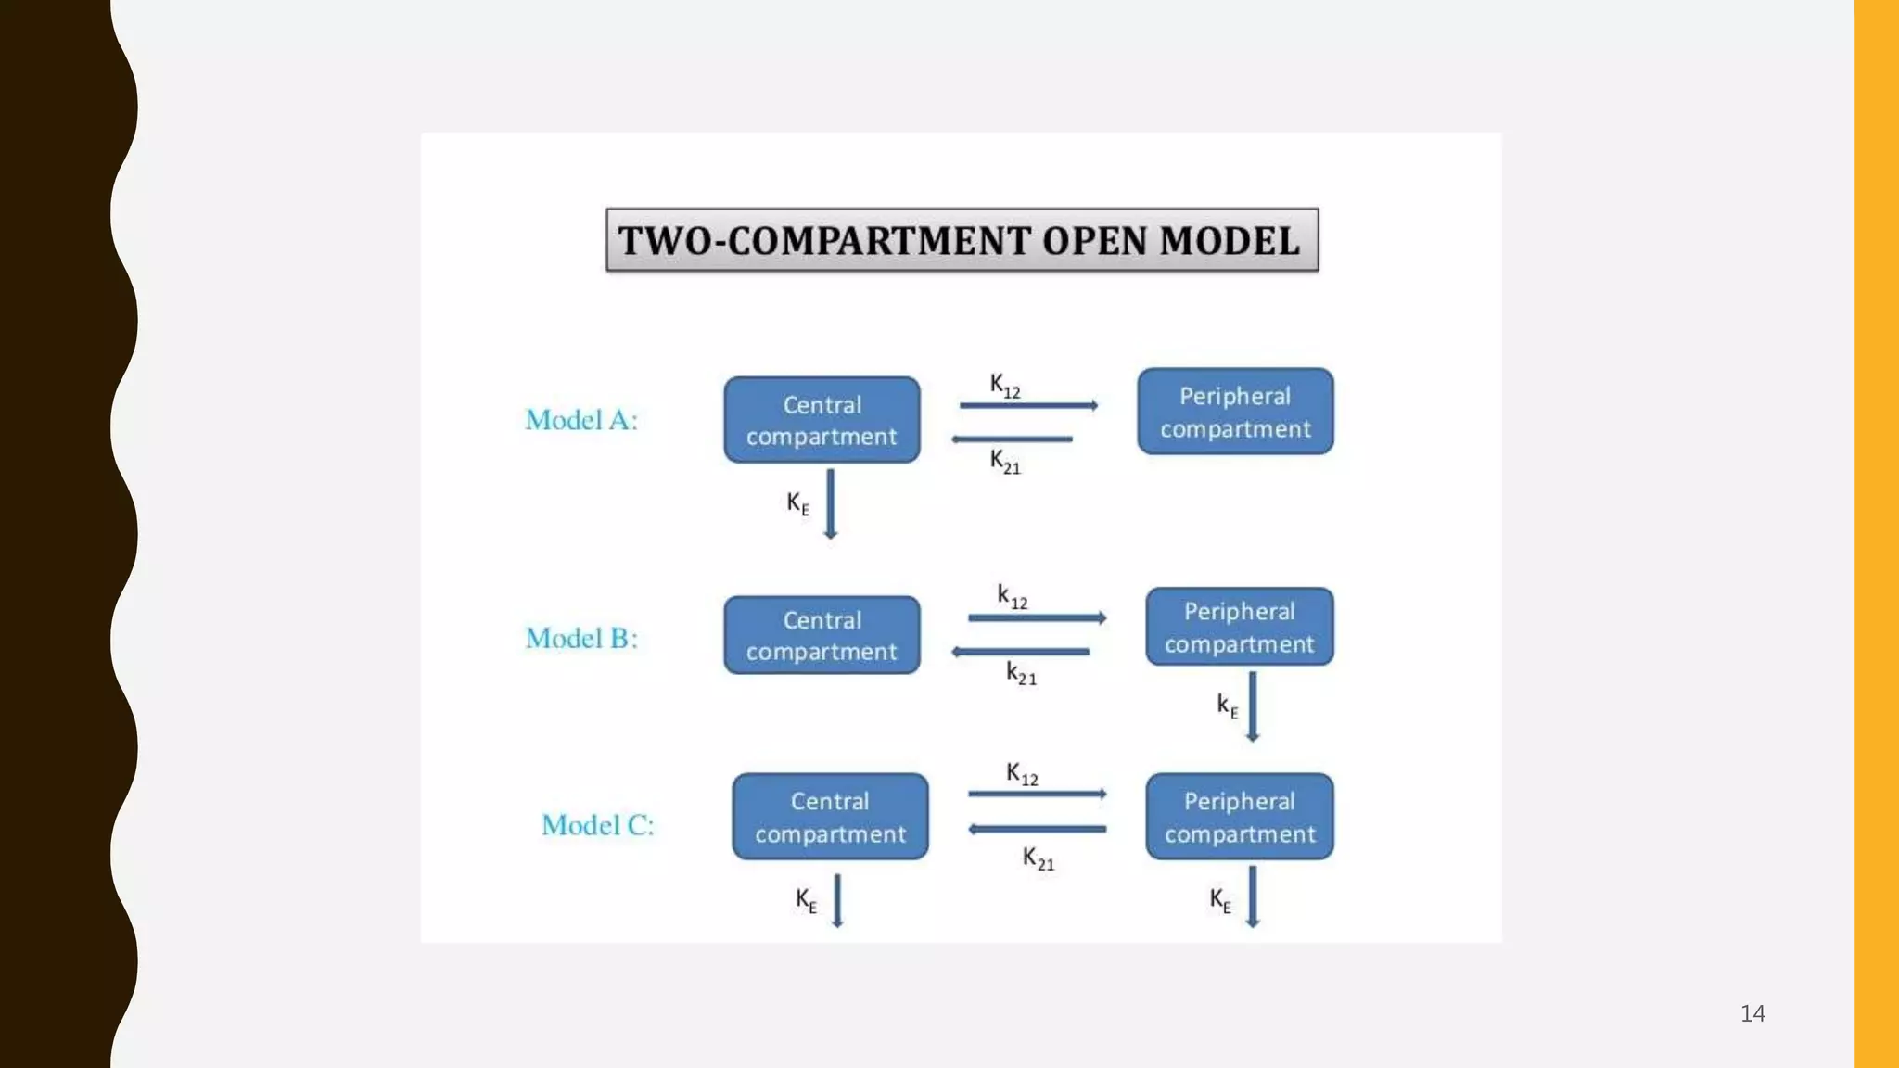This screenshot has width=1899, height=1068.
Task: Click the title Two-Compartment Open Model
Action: (x=962, y=240)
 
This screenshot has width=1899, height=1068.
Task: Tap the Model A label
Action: (x=581, y=420)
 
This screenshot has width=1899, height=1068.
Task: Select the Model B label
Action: (x=581, y=638)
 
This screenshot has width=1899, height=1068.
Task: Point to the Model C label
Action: (x=597, y=824)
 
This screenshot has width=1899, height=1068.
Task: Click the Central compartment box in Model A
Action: (x=822, y=420)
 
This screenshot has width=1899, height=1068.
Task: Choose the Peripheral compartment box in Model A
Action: (x=1235, y=412)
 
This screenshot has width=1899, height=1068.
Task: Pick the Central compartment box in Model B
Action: (x=822, y=635)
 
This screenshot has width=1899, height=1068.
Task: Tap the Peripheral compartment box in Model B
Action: (x=1239, y=627)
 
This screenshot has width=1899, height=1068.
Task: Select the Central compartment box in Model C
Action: (x=830, y=817)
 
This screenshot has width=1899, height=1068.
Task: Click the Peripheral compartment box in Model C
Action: (x=1239, y=817)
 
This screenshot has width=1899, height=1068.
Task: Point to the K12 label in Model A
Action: (x=1004, y=385)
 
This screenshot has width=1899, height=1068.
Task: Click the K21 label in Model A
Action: (x=1004, y=461)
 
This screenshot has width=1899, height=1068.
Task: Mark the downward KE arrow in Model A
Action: (x=830, y=503)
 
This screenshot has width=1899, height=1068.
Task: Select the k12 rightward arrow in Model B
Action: (x=1037, y=617)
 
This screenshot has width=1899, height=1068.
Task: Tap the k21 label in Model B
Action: (x=1021, y=673)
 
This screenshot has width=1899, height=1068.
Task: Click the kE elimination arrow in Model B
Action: (x=1252, y=706)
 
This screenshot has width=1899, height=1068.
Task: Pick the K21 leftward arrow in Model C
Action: (x=1037, y=829)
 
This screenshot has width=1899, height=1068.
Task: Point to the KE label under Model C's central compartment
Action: (x=806, y=900)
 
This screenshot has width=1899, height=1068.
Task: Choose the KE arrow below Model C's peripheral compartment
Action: (x=1252, y=897)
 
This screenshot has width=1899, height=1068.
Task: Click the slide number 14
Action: (x=1752, y=1013)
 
